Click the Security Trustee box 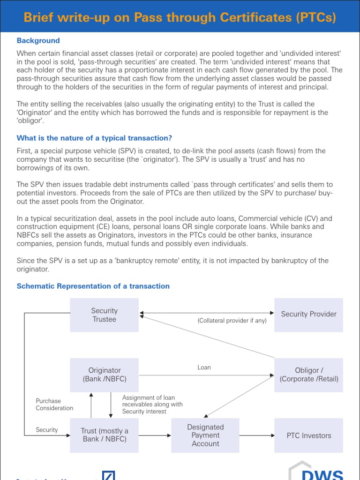[104, 315]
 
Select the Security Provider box [308, 315]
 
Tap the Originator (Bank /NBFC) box [104, 375]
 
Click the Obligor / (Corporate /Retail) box [308, 375]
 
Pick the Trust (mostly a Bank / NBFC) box [104, 435]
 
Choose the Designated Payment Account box [205, 435]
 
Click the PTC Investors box [308, 435]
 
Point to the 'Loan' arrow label [204, 367]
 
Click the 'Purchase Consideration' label [54, 405]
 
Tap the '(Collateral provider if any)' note [232, 321]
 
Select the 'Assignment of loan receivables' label [152, 404]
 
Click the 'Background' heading [38, 41]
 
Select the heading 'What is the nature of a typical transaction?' [94, 138]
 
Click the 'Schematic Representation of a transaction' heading [93, 286]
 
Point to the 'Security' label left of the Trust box [47, 430]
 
